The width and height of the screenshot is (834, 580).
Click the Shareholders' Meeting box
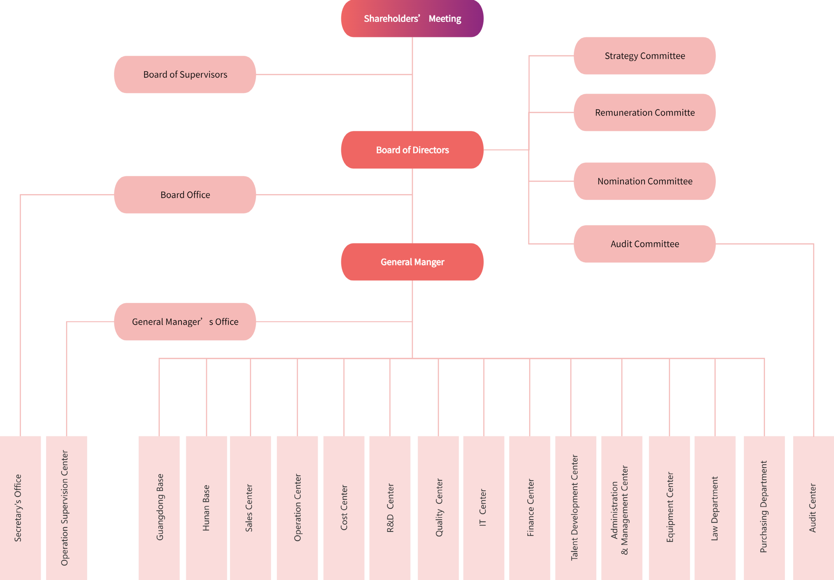click(x=412, y=18)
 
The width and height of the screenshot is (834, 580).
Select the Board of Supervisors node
click(x=185, y=74)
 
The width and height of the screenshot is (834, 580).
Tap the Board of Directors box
click(x=412, y=150)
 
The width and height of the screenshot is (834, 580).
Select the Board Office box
click(x=185, y=195)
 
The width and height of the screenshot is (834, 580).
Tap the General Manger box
click(x=412, y=262)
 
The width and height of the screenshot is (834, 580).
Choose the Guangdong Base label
click(x=160, y=507)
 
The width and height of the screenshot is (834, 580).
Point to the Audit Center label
click(x=813, y=508)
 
